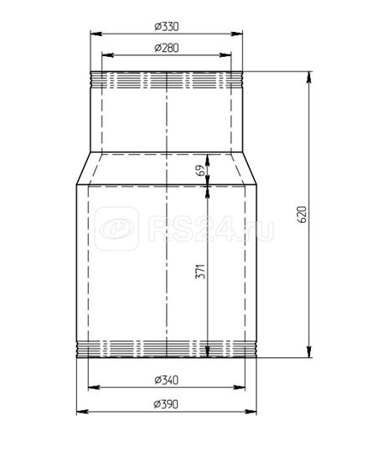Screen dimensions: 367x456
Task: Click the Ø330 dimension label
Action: point(167,27)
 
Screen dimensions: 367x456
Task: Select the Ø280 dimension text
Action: point(167,48)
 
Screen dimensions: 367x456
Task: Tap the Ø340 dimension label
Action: point(166,380)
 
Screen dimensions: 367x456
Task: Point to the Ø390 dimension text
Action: point(166,404)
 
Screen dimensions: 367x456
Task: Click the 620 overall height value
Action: point(302,215)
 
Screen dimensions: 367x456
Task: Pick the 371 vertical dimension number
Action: point(200,272)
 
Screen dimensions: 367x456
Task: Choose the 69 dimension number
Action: point(200,170)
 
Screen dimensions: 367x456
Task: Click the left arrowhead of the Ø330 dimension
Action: point(96,34)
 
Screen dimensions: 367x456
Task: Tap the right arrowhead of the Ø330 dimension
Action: point(237,34)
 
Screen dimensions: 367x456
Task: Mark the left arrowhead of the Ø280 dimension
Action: point(107,55)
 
